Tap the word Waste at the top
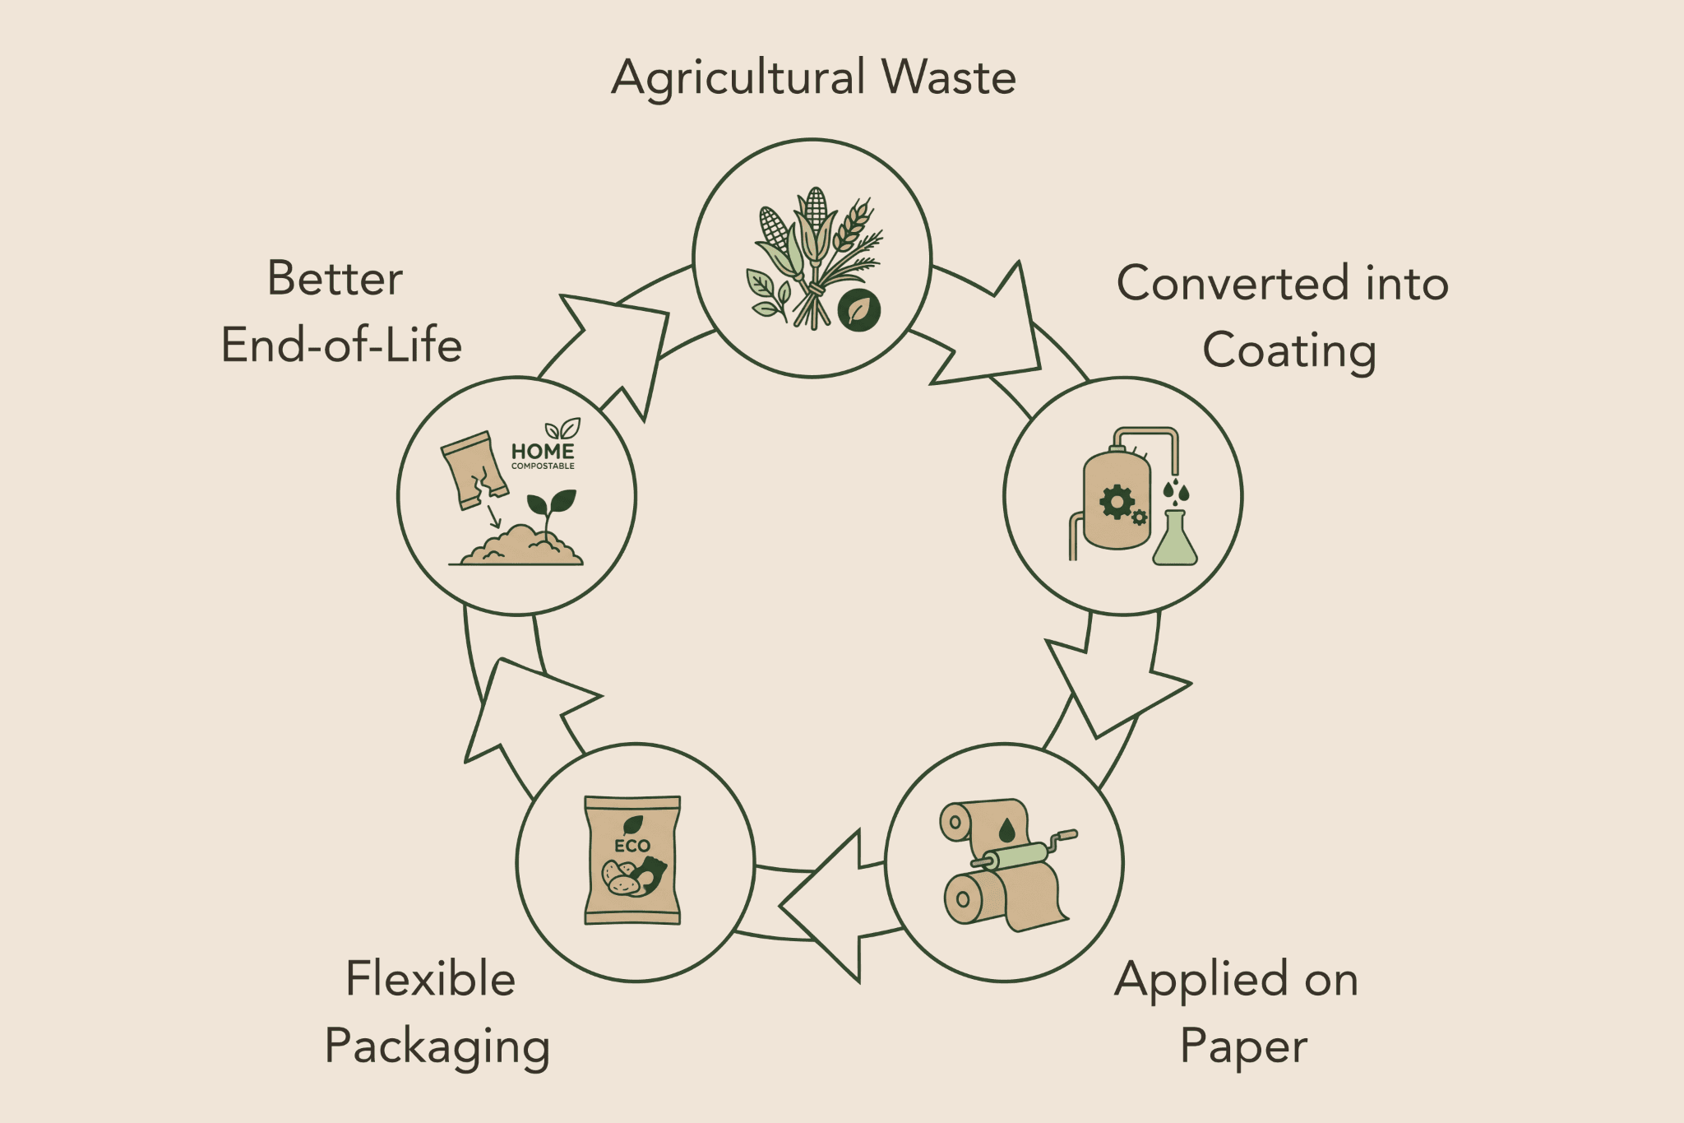point(949,77)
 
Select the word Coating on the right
point(1289,351)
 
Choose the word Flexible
point(430,978)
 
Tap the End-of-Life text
point(341,345)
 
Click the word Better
point(335,278)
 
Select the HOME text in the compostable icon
point(543,451)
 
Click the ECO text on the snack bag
point(632,846)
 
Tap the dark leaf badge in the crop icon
point(859,310)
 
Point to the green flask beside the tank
point(1175,538)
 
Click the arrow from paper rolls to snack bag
point(830,905)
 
